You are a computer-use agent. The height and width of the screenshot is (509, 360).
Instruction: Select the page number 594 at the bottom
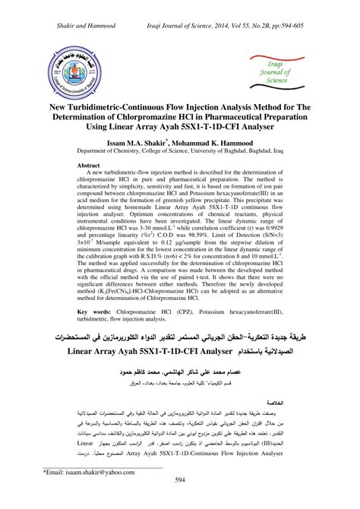[x=180, y=500]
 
